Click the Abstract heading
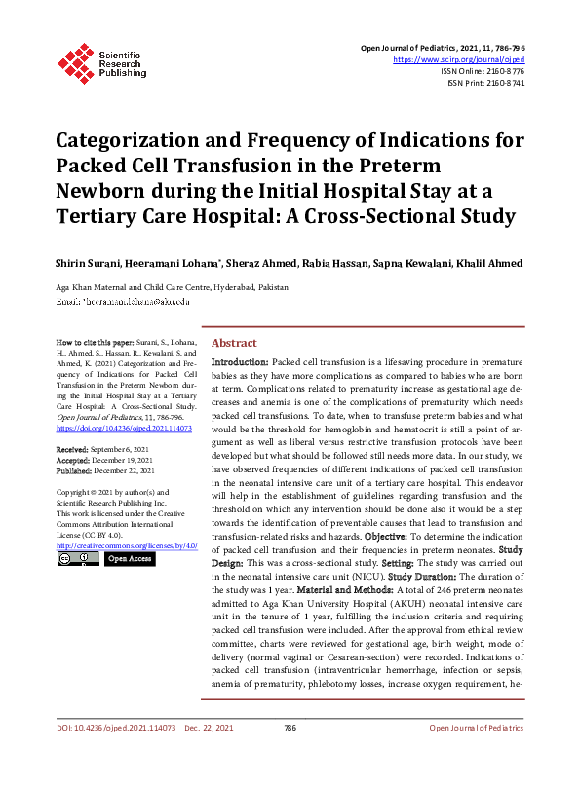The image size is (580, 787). (x=234, y=343)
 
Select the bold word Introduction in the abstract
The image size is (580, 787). (x=240, y=361)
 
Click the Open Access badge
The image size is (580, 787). (x=129, y=559)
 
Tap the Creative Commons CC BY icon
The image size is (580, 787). (x=77, y=559)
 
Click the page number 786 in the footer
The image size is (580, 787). (x=290, y=755)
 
